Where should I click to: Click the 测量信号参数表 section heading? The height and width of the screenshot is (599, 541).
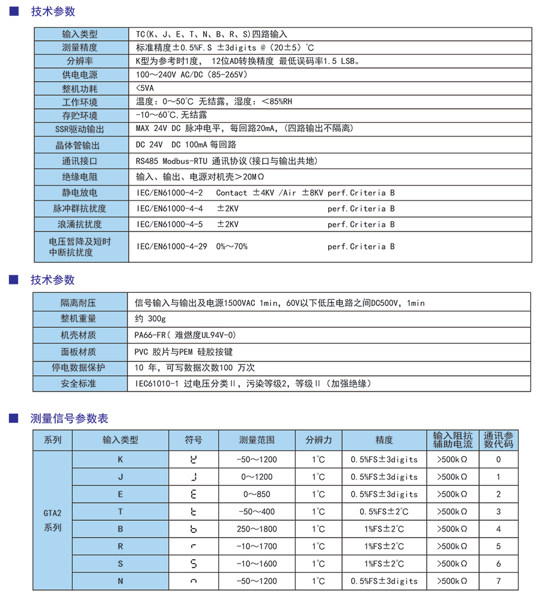(69, 419)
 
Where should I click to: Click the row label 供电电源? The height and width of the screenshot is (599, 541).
(80, 75)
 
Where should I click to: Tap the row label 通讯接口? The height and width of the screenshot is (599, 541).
(80, 161)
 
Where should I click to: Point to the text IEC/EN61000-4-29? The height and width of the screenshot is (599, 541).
(171, 247)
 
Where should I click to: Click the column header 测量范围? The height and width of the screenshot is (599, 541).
(257, 440)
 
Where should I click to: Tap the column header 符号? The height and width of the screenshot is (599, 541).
(194, 440)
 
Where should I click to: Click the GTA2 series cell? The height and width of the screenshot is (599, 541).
(53, 520)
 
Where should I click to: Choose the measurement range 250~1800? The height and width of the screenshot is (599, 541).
(257, 529)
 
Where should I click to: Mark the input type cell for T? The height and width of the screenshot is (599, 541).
(120, 512)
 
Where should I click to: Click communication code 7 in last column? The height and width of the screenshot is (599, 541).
(498, 581)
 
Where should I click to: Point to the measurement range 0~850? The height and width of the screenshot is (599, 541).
(257, 494)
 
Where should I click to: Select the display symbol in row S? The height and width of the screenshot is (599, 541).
(194, 564)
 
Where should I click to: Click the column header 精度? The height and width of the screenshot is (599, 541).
(384, 440)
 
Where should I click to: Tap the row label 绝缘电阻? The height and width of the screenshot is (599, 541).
(80, 177)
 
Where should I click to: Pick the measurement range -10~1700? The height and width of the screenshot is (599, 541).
(257, 547)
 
